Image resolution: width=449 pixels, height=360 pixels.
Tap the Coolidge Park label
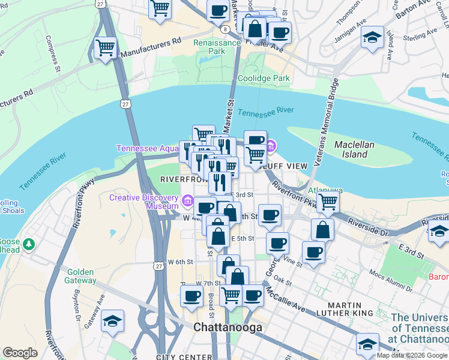click(264, 78)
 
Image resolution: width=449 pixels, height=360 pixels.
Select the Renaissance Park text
click(209, 47)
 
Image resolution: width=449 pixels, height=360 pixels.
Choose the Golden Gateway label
click(82, 276)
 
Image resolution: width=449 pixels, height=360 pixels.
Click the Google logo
click(19, 353)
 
